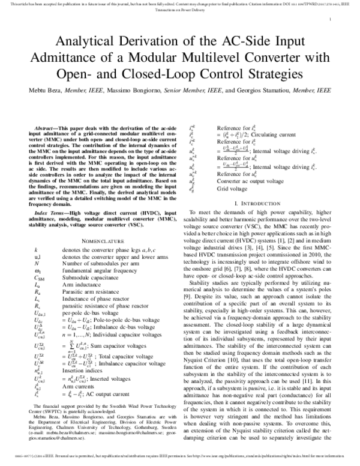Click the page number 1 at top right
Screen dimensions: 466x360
coord(331,19)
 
